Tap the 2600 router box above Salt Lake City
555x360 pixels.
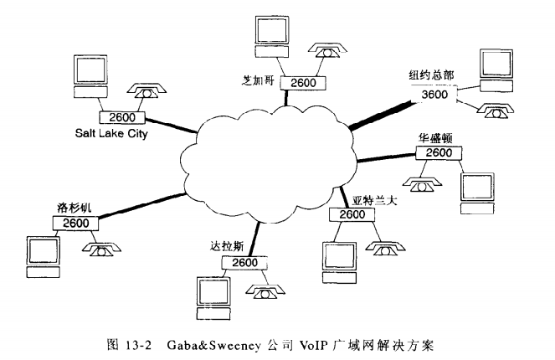tap(122, 117)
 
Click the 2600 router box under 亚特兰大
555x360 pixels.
tap(352, 214)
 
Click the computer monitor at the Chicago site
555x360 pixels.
tap(273, 31)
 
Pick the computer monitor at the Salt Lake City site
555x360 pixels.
tap(90, 73)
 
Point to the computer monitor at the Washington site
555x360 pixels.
tap(478, 188)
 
